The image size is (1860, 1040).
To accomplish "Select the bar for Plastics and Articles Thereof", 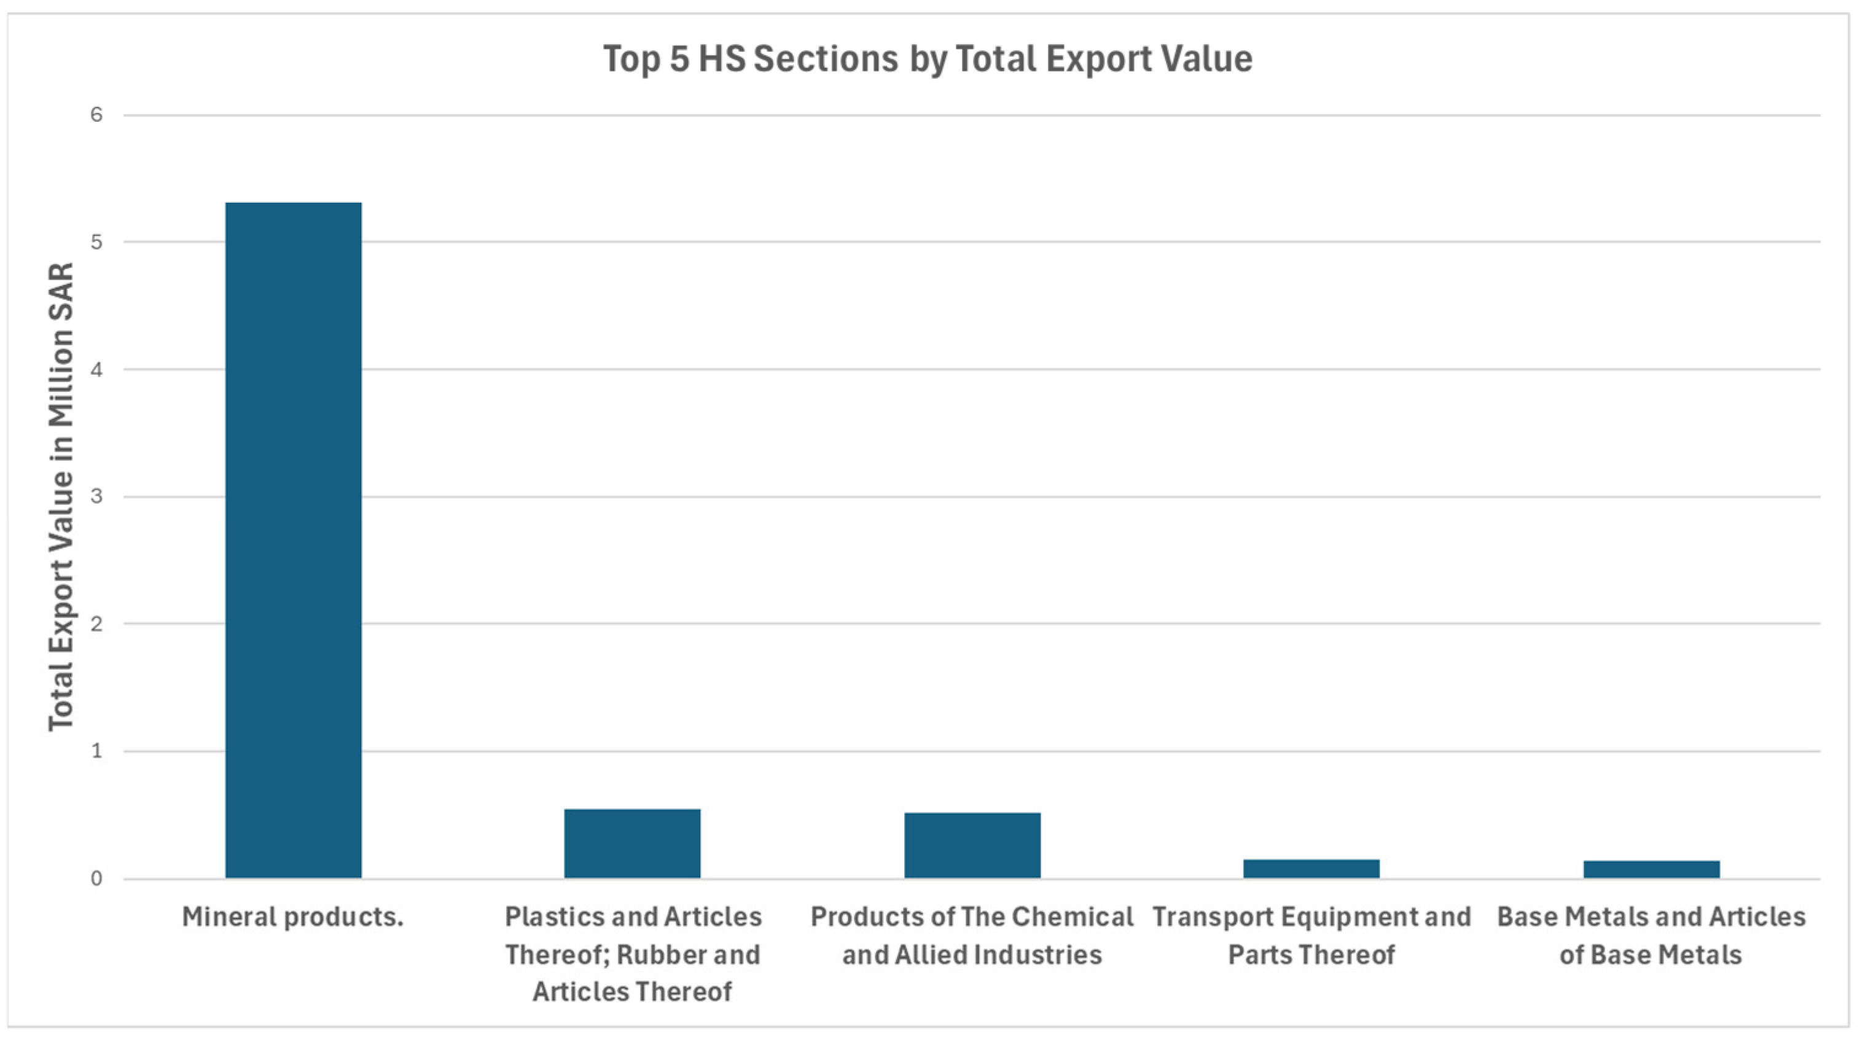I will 632,843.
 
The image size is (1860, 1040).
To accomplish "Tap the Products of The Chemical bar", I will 972,845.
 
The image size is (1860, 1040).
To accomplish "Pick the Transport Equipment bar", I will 1311,868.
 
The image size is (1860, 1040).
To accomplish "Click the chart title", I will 928,58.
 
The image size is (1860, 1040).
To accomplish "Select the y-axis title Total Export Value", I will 61,497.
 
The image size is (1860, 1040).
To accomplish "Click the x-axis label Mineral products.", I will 292,917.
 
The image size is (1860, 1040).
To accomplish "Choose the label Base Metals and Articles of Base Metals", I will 1651,936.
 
